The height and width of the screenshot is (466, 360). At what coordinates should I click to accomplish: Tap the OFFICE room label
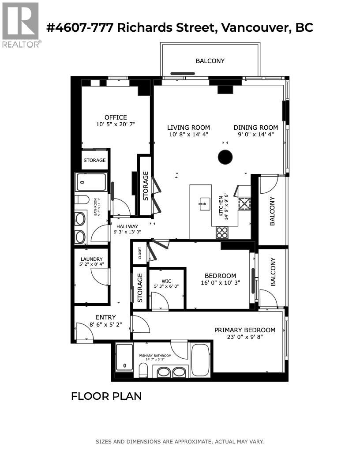click(116, 117)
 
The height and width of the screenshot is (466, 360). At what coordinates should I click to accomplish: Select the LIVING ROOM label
click(189, 128)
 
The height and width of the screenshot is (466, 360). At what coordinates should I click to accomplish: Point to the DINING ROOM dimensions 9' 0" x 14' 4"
click(256, 134)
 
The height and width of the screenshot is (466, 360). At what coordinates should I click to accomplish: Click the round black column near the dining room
click(225, 157)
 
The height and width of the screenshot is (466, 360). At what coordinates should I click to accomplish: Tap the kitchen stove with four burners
click(222, 232)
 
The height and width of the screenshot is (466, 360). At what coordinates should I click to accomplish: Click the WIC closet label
click(166, 281)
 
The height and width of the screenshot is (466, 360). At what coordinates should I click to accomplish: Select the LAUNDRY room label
click(91, 259)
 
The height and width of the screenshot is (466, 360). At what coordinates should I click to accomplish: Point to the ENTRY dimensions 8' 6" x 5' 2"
click(105, 324)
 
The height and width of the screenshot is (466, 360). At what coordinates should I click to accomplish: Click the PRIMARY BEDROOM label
click(244, 330)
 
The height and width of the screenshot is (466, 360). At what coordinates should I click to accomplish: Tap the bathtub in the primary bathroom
click(201, 359)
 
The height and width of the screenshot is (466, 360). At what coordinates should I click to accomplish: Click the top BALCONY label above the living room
click(210, 61)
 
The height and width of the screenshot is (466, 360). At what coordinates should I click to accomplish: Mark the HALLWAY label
click(127, 226)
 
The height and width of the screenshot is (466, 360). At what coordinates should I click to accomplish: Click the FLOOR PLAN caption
click(106, 396)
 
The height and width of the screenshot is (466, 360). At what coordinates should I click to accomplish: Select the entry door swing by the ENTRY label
click(83, 332)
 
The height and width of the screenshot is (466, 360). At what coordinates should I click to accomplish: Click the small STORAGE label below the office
click(94, 160)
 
